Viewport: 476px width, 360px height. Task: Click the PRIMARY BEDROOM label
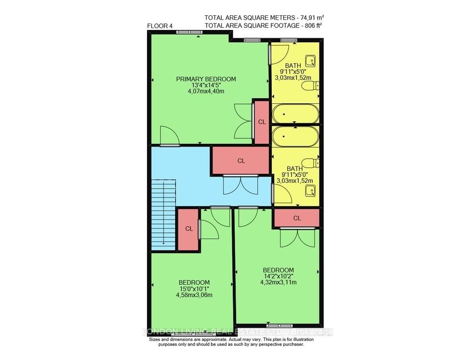(206, 79)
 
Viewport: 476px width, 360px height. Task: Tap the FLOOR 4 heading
(159, 26)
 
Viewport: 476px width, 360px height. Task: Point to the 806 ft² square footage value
(312, 26)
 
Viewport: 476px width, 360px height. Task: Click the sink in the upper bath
(310, 61)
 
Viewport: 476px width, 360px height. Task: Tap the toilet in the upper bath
(310, 86)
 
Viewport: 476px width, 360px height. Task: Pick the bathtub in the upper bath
(296, 114)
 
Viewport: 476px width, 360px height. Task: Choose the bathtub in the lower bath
(296, 136)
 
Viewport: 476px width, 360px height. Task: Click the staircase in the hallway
(164, 215)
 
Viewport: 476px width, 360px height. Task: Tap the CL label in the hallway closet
(241, 161)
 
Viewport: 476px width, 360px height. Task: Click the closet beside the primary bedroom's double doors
(262, 122)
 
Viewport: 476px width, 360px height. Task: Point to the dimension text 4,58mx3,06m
(194, 295)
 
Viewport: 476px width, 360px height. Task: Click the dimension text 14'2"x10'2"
(278, 276)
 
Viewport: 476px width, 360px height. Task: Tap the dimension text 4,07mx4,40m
(206, 91)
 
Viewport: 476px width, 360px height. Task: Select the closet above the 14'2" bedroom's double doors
(297, 218)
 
